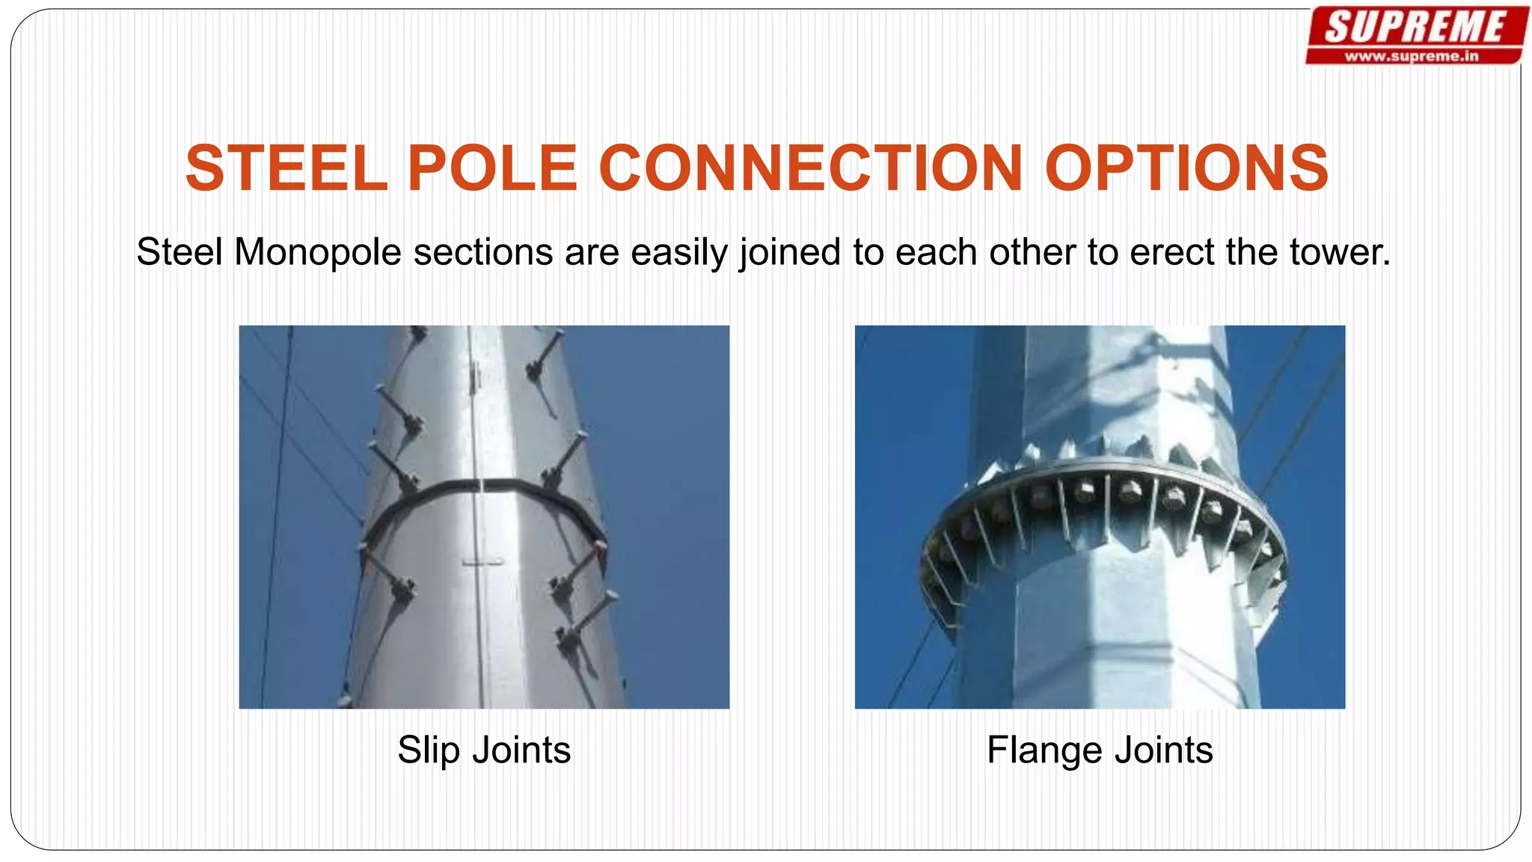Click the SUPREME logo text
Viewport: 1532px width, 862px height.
pyautogui.click(x=1415, y=28)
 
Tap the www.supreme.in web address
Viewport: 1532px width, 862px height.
pyautogui.click(x=1412, y=56)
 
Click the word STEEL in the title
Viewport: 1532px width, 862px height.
pyautogui.click(x=287, y=168)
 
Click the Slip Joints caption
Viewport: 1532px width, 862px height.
pyautogui.click(x=484, y=750)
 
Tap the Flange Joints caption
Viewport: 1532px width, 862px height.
pyautogui.click(x=1100, y=750)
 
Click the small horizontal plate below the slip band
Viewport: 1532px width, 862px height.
pyautogui.click(x=482, y=561)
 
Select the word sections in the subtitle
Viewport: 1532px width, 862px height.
pyautogui.click(x=482, y=252)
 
